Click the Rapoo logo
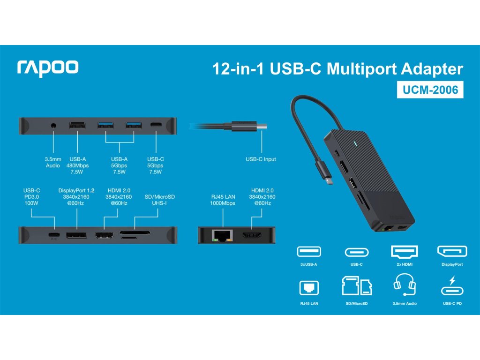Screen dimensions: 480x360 [48, 67]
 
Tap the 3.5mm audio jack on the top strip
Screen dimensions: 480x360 [53, 126]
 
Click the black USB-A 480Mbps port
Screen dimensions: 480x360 [77, 126]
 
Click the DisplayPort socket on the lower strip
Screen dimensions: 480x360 [75, 234]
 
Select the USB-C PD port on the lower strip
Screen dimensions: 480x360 [54, 234]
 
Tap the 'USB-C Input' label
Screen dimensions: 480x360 [261, 159]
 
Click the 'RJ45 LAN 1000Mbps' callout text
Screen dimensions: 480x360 [222, 200]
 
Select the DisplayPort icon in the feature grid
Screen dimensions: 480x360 [452, 252]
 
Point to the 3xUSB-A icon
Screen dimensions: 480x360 [308, 252]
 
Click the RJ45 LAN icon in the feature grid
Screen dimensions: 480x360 [308, 287]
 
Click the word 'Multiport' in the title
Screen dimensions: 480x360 [360, 69]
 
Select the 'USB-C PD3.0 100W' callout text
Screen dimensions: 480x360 [32, 197]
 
